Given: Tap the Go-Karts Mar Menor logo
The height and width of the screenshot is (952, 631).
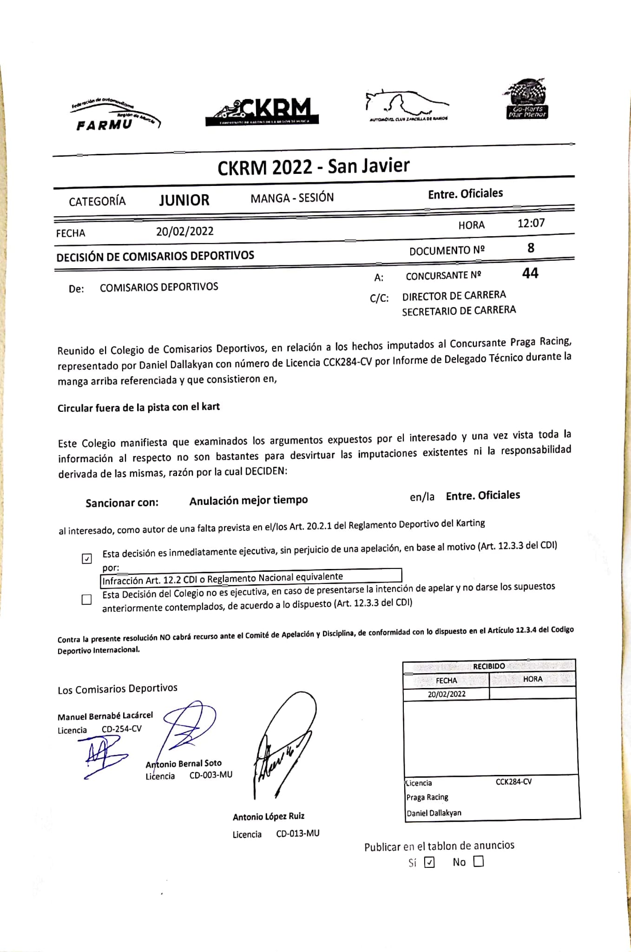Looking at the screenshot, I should coord(527,100).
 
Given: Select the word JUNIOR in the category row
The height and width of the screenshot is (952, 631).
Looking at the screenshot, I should coord(184,200).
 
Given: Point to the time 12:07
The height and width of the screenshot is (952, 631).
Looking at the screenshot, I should coord(531,223).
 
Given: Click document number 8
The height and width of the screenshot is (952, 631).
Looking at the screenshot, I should coord(531,248).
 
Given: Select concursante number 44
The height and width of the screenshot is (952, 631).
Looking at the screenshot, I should coord(530,273).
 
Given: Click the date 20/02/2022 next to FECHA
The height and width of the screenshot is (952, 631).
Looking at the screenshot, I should coord(184,231).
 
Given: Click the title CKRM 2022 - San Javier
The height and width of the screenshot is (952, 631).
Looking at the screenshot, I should coord(313,166).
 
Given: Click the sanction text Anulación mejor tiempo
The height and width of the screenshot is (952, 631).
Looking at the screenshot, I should coord(248,500).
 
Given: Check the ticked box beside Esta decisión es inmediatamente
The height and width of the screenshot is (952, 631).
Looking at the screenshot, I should coord(87,558).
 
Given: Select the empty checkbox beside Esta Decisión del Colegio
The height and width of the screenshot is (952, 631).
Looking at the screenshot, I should coord(86,600).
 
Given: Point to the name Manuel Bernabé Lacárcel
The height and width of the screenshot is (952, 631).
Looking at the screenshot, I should coord(105,716).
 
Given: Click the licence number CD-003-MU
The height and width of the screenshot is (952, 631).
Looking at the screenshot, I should coord(210,775).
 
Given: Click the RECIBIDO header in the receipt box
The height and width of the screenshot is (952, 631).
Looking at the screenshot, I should coord(489,666).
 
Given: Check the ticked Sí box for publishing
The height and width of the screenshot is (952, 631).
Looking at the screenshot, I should coord(430,862).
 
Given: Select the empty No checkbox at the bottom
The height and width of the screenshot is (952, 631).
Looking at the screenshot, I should coord(478,861).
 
